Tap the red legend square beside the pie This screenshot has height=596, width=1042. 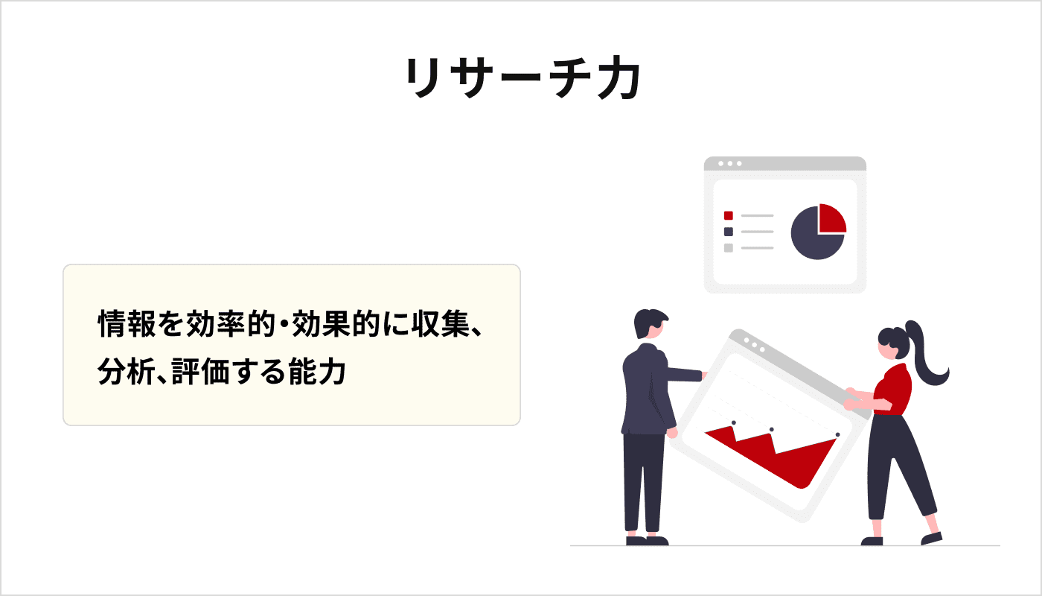pyautogui.click(x=729, y=215)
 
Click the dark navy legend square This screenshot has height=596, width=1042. pyautogui.click(x=729, y=232)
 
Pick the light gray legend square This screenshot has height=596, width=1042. pyautogui.click(x=729, y=247)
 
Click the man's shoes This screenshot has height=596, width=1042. pyautogui.click(x=646, y=540)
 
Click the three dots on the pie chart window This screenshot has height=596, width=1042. pyautogui.click(x=729, y=163)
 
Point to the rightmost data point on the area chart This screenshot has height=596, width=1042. pyautogui.click(x=837, y=434)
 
